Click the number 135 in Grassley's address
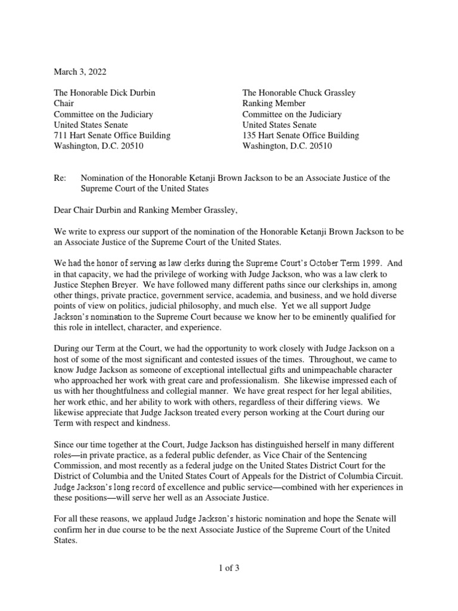[249, 135]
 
